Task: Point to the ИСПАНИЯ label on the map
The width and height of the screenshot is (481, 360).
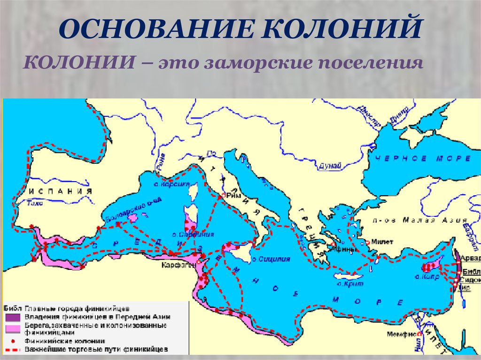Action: [59, 191]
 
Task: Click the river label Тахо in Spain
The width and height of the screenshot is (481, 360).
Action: [35, 204]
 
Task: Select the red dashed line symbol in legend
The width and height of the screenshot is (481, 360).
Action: [11, 350]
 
